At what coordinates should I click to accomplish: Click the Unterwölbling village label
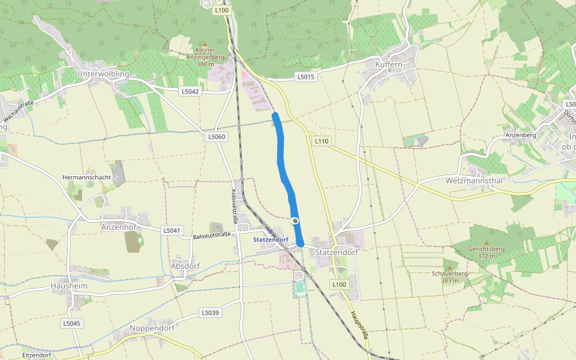104,74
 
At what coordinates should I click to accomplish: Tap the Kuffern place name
388,64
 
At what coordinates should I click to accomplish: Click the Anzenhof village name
119,227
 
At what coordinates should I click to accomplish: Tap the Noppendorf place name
152,328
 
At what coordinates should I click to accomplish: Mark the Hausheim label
70,286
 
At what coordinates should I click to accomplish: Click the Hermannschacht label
86,178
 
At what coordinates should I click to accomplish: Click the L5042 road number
190,91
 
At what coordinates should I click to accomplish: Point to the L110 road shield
322,141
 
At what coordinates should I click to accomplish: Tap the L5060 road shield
217,137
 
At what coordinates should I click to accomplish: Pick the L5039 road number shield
210,313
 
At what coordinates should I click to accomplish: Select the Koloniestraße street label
235,207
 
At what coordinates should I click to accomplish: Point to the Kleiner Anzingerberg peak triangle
205,43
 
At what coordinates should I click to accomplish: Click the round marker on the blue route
295,221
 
